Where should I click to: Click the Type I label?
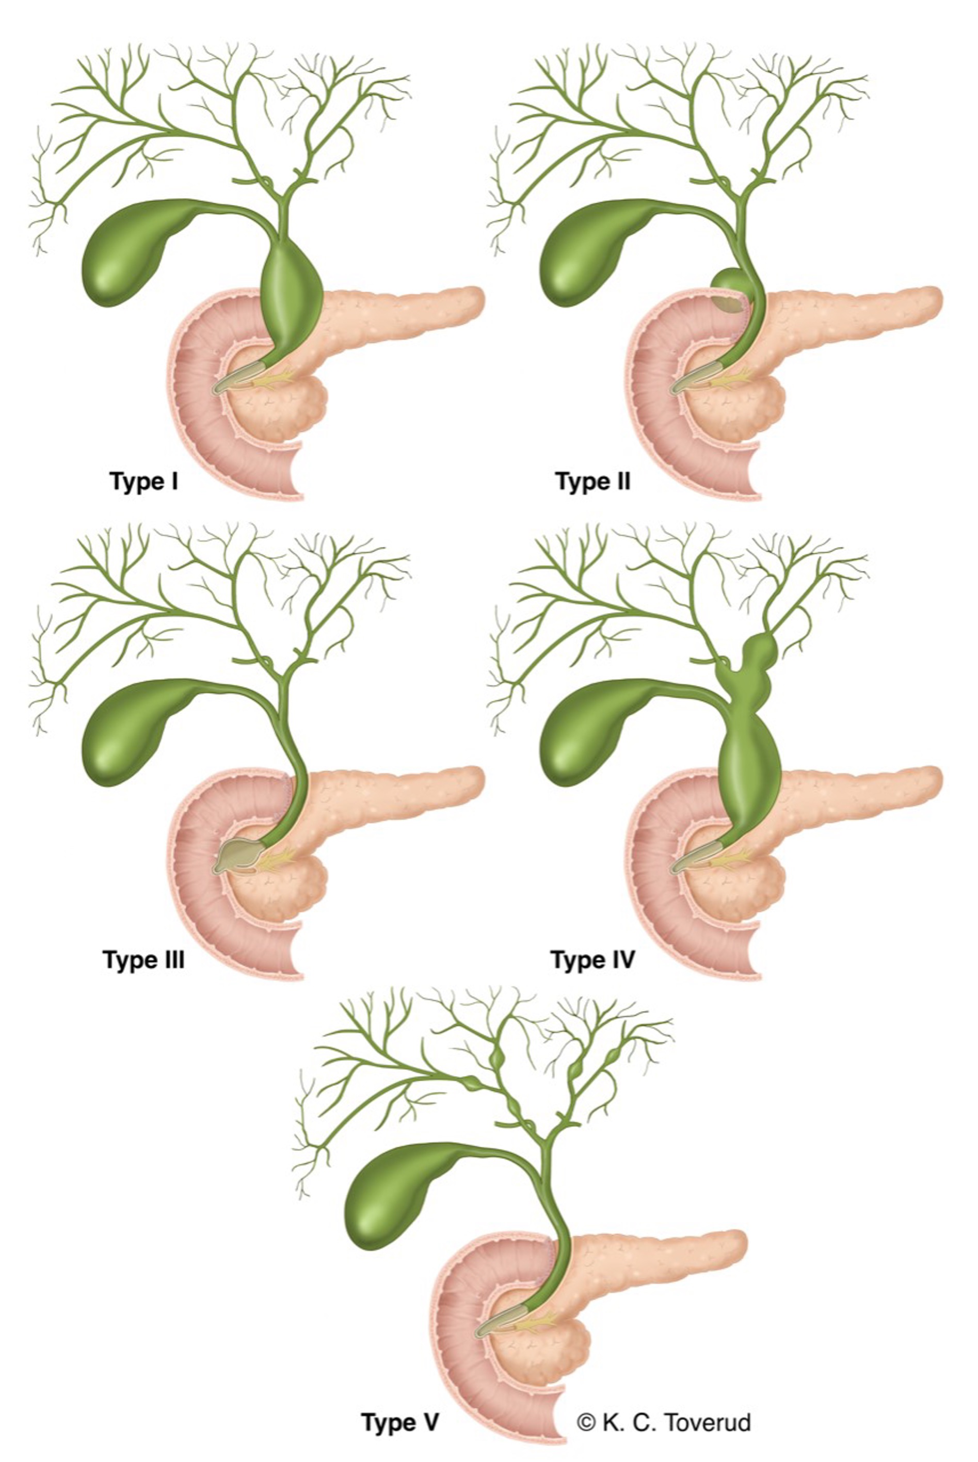(144, 481)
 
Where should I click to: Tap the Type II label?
(592, 481)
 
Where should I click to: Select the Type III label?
(143, 960)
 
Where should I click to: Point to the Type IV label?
(592, 960)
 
